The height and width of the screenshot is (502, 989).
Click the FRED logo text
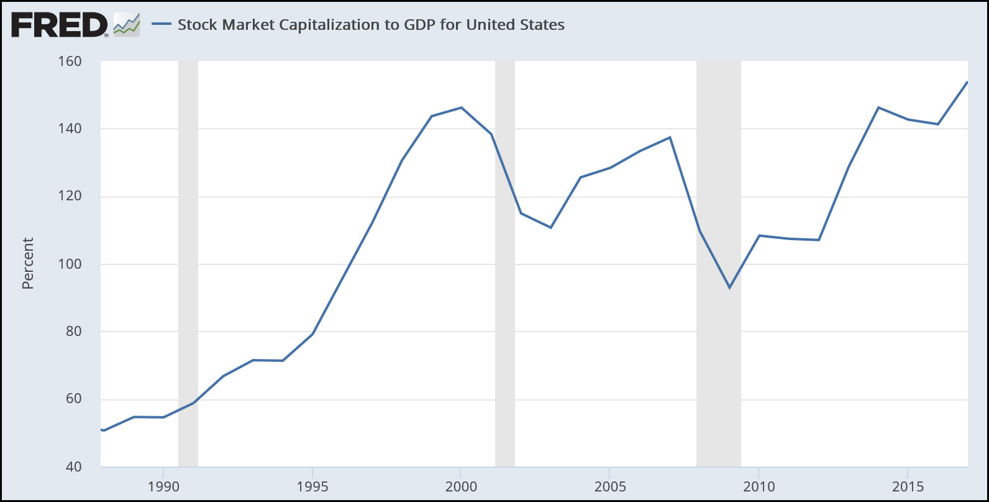click(59, 25)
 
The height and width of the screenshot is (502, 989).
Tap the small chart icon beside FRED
click(127, 25)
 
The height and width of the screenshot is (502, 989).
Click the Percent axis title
click(27, 263)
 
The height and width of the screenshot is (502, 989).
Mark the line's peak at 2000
click(461, 108)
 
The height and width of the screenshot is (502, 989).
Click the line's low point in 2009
click(729, 288)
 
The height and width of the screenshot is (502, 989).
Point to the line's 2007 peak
click(670, 137)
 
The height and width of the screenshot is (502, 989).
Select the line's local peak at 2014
click(878, 108)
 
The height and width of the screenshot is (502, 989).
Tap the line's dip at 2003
click(550, 228)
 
